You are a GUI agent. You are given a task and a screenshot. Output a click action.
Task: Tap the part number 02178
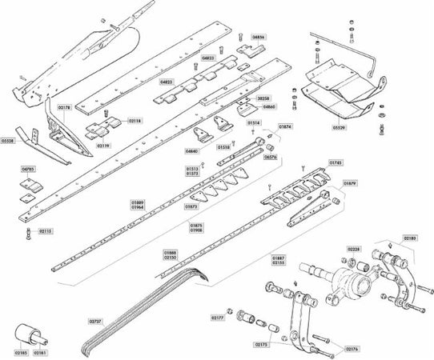click(65, 107)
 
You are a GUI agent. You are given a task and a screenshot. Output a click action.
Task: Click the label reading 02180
click(408, 238)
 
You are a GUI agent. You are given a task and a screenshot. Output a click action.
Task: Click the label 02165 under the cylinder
click(20, 352)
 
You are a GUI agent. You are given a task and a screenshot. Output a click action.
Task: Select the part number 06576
click(271, 158)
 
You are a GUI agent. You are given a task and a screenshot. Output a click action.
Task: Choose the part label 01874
click(285, 126)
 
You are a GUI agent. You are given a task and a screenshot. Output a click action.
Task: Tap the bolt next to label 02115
click(28, 233)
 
